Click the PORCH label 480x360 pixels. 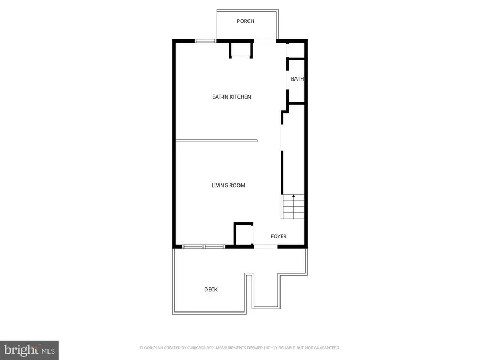coord(245,21)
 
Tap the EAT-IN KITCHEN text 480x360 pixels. coord(231,97)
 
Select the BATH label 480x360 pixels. coord(297,79)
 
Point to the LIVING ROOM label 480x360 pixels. coord(228,186)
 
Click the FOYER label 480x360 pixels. coord(278,236)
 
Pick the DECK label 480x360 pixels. coord(211,290)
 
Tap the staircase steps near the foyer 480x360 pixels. coord(293,207)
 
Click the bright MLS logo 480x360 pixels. coord(29,350)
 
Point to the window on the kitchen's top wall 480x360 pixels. coord(205,41)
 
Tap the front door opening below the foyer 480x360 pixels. coord(265,246)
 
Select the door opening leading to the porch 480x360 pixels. coord(265,41)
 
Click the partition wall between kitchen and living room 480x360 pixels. coord(217,141)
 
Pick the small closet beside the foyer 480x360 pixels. coord(243,235)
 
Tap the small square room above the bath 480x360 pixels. coord(295,50)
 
